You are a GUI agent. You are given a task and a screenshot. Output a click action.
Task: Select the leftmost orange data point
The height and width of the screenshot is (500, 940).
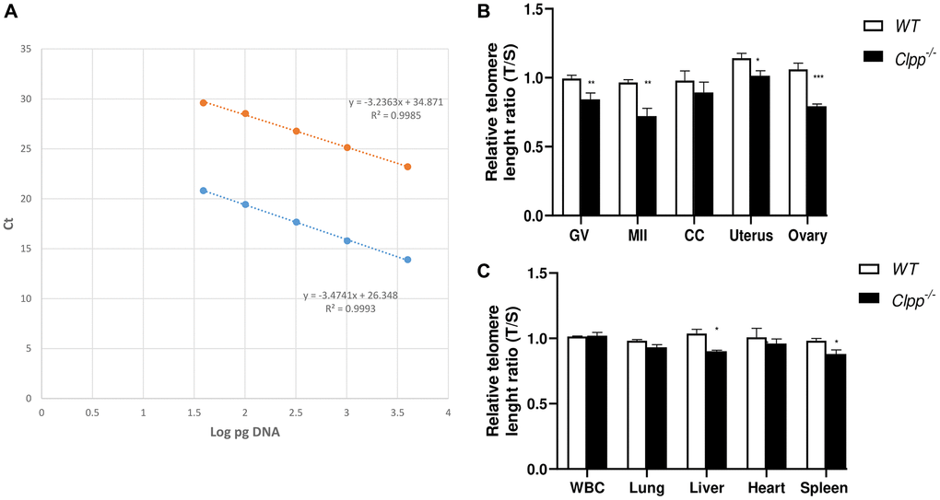(x=204, y=102)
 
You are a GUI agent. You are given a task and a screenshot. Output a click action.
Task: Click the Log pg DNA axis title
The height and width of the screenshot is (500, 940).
(x=244, y=434)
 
